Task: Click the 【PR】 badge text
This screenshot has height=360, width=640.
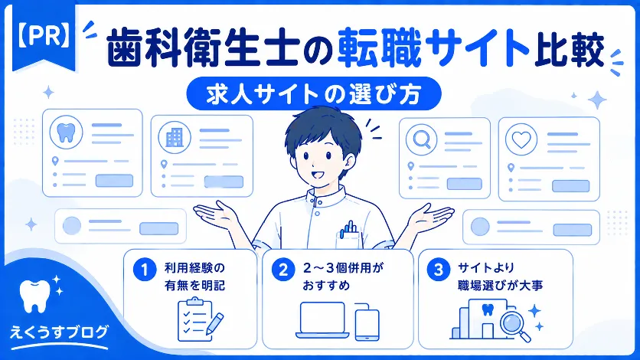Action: point(44,36)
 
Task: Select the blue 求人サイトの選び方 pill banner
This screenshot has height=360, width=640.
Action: point(313,93)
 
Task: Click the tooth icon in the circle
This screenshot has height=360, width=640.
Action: point(66,133)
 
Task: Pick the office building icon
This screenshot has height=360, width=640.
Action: point(175,137)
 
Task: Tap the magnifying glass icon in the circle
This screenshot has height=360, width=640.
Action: point(422,139)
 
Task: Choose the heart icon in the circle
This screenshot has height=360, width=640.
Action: point(521,139)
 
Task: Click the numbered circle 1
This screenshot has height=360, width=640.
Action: point(145,270)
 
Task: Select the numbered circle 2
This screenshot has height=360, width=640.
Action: point(283,270)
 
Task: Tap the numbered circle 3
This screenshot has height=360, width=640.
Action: point(438,270)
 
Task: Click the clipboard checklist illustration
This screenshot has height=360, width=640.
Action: point(200,320)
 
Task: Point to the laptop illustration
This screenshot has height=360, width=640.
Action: point(322,320)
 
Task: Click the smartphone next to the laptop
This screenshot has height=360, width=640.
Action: point(367,322)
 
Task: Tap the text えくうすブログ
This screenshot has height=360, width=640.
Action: point(59,332)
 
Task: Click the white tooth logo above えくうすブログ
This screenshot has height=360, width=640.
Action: point(35,296)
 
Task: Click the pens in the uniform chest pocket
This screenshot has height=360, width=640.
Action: point(348,228)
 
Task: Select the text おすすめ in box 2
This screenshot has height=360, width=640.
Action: point(326,285)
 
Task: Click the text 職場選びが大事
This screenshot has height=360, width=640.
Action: point(500,285)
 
